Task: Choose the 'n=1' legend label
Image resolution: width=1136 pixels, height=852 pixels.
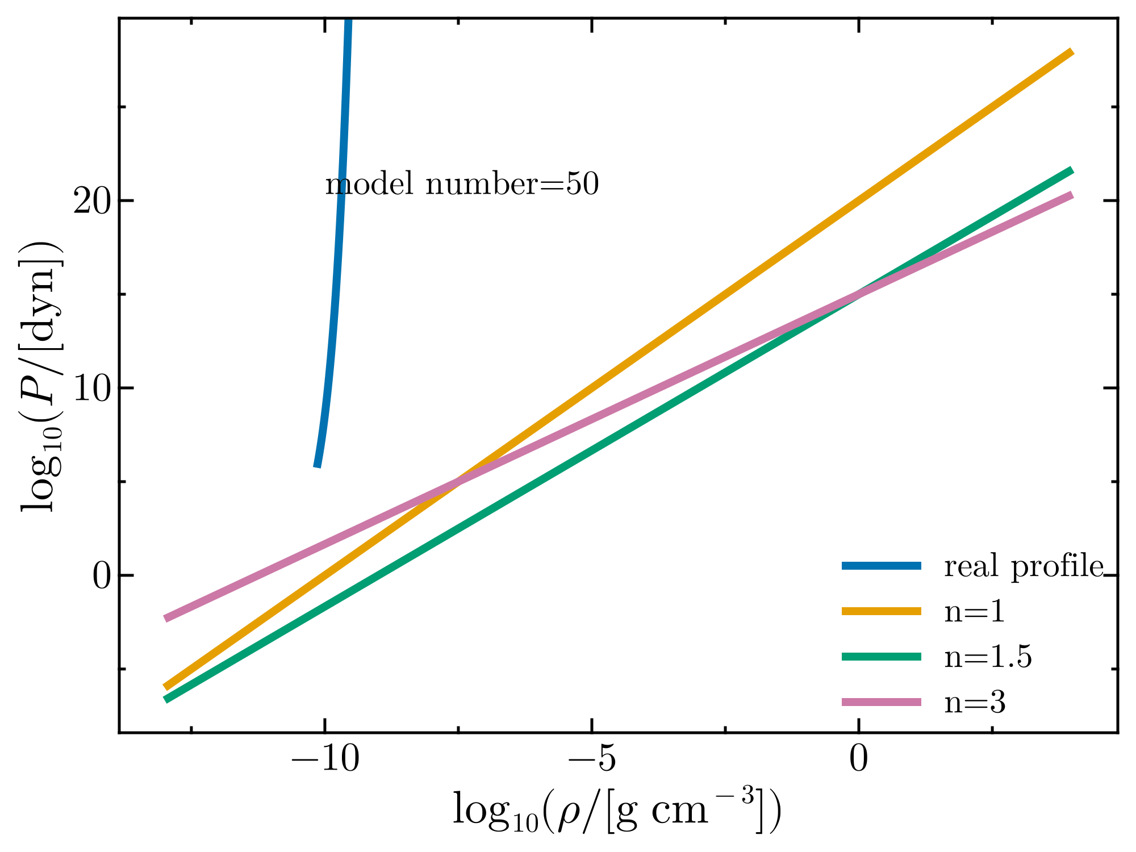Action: click(x=975, y=612)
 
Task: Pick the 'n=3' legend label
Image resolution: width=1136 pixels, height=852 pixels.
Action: click(x=975, y=703)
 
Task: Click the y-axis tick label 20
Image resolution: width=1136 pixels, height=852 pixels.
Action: click(x=91, y=201)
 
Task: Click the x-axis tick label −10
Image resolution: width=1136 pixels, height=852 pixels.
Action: click(x=325, y=760)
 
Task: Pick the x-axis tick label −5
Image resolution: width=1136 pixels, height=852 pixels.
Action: click(x=592, y=760)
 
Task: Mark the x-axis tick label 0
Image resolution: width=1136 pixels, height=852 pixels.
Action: click(x=859, y=760)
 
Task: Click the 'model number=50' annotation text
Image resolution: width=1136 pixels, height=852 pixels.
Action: click(x=462, y=185)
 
